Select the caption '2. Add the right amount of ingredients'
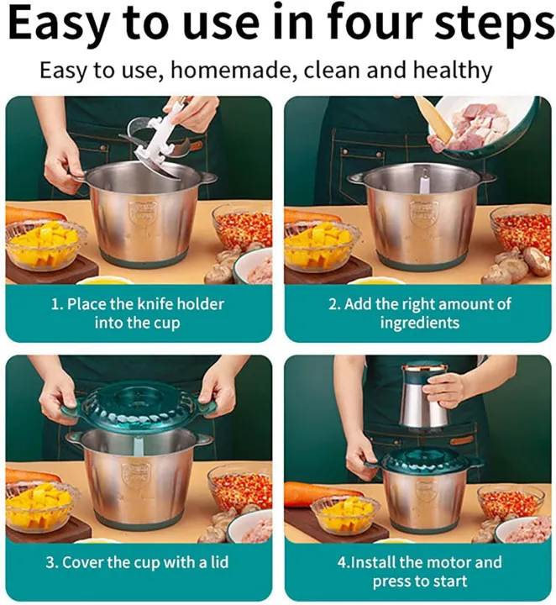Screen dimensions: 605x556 coord(418,313)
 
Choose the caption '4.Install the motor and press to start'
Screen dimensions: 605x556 coord(418,571)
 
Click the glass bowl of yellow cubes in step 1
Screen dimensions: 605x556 coord(45,243)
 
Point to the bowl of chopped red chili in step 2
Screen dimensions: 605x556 coord(521,229)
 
